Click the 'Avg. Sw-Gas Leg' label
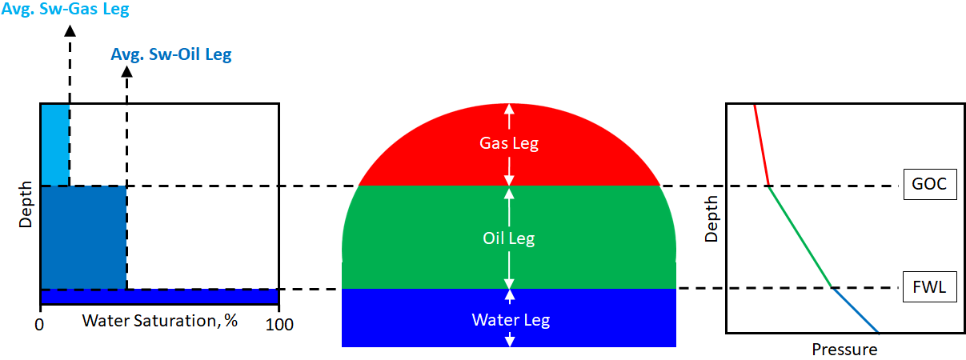(x=66, y=10)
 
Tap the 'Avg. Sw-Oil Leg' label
(x=171, y=55)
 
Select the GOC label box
(x=929, y=185)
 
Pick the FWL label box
(x=929, y=287)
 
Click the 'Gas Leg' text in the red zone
(x=509, y=144)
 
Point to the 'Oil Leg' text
(x=509, y=238)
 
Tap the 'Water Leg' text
(x=510, y=320)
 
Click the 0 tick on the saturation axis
(x=39, y=325)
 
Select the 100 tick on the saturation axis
(x=279, y=325)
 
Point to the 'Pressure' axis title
(x=844, y=350)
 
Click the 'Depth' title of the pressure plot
(x=712, y=221)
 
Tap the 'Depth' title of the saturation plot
(x=26, y=205)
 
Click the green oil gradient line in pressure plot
(x=800, y=237)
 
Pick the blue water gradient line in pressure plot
(x=855, y=310)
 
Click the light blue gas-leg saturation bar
(x=54, y=145)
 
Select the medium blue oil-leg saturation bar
(x=83, y=237)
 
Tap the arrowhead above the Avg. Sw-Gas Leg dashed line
(x=70, y=30)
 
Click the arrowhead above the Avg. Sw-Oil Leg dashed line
(x=126, y=72)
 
